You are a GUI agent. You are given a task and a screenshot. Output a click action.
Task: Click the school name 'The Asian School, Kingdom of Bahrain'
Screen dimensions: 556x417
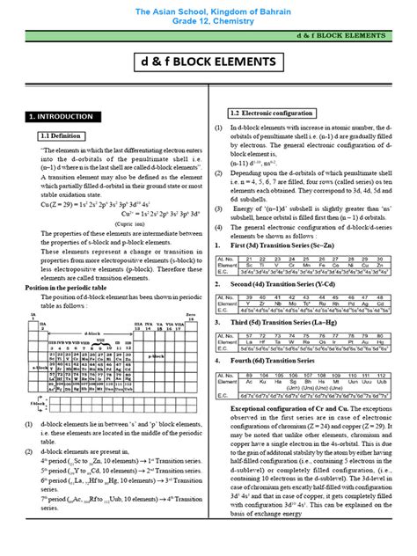click(x=208, y=10)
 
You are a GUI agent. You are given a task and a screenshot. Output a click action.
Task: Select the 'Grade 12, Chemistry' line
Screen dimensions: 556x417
click(x=208, y=22)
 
